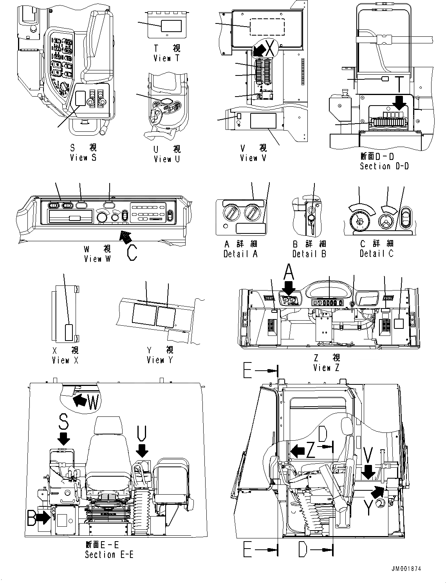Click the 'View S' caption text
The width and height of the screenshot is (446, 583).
83,158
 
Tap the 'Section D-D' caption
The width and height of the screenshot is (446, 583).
384,166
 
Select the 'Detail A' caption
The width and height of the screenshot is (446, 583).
240,254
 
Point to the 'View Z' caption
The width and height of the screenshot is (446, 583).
326,368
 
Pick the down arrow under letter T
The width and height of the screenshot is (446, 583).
400,103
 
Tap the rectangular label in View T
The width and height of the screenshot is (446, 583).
171,26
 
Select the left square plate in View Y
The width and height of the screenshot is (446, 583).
144,315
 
